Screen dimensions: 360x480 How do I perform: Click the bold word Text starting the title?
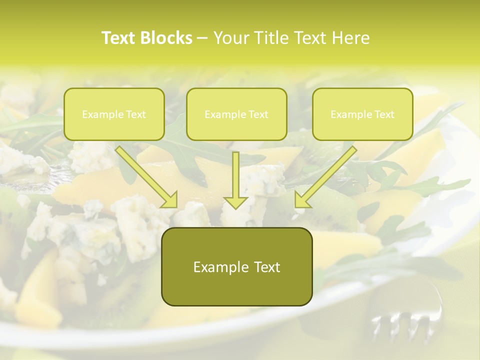[x=119, y=38]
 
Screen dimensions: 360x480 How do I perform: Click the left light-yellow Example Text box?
[x=114, y=114]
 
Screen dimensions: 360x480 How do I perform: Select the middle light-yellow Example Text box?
[x=236, y=114]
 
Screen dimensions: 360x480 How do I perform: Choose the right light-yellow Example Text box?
[x=362, y=114]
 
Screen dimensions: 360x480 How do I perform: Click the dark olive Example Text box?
[x=236, y=267]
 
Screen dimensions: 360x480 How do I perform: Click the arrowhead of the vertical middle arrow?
[x=236, y=202]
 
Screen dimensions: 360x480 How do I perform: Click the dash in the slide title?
[x=202, y=38]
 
